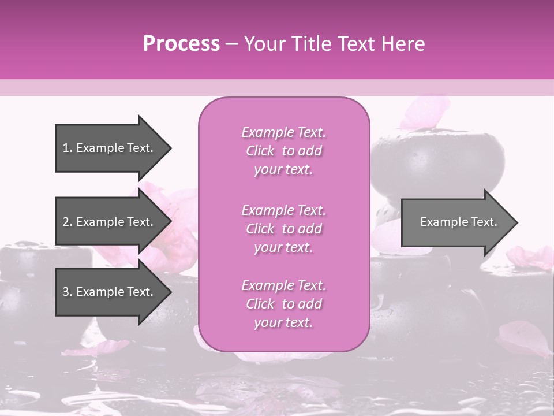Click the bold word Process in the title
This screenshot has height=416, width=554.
pyautogui.click(x=181, y=44)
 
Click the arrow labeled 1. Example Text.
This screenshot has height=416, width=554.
pyautogui.click(x=110, y=148)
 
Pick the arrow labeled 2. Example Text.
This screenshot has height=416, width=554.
pyautogui.click(x=110, y=222)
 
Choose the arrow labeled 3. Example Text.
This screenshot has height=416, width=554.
pyautogui.click(x=110, y=292)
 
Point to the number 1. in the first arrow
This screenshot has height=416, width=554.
pyautogui.click(x=68, y=148)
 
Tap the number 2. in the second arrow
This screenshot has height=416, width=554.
pyautogui.click(x=68, y=222)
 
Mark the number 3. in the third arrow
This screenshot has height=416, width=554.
pyautogui.click(x=68, y=292)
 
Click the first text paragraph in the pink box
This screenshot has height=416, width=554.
pyautogui.click(x=283, y=151)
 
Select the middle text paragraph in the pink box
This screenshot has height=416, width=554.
pyautogui.click(x=283, y=229)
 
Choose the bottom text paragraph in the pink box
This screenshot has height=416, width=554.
pyautogui.click(x=283, y=304)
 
